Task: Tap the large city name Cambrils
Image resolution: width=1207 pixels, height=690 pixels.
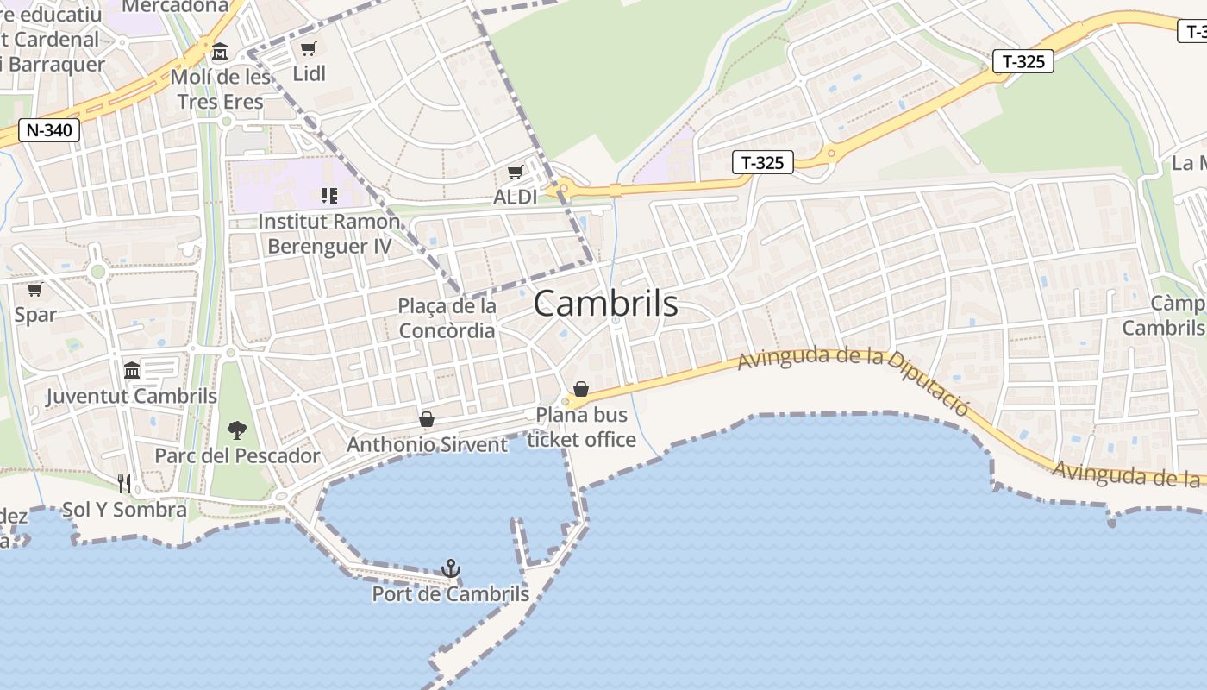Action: (605, 304)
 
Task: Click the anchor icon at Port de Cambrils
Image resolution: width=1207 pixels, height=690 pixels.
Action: (451, 568)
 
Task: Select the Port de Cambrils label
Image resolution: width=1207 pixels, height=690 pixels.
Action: (450, 594)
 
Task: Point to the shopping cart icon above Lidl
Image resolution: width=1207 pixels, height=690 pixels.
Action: (308, 48)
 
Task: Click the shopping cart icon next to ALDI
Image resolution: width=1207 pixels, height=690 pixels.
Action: (515, 172)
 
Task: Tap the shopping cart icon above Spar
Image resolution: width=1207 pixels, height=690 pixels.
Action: (35, 289)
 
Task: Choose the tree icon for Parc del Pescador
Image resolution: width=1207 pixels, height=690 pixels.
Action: (236, 430)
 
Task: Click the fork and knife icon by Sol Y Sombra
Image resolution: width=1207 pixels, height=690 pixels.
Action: (124, 483)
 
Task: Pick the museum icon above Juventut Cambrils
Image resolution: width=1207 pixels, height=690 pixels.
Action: (132, 370)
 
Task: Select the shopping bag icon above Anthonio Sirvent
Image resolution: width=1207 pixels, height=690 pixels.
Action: (426, 419)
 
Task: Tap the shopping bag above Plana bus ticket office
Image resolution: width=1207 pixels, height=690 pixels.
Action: (581, 389)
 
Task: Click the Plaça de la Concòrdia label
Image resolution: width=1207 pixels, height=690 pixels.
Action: (447, 318)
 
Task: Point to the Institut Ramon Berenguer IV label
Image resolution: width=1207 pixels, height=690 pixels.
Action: (329, 234)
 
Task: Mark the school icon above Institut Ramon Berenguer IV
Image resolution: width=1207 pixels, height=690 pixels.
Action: (328, 196)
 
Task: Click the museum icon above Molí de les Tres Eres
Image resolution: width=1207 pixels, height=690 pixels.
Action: (220, 52)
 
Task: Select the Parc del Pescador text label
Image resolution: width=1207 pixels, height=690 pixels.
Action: (237, 455)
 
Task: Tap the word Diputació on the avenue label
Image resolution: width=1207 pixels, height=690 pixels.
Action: (928, 380)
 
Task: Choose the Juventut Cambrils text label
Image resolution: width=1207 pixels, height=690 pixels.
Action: (131, 396)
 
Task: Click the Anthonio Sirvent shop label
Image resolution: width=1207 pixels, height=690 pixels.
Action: (427, 444)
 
